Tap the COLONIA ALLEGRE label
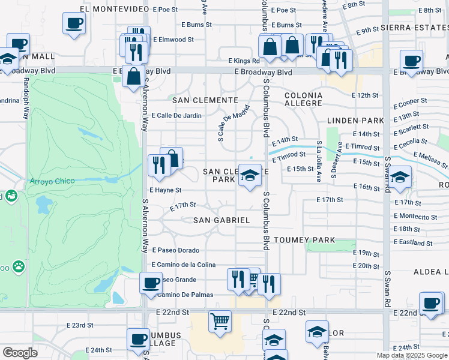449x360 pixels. tap(303, 99)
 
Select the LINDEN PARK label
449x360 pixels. tap(346, 121)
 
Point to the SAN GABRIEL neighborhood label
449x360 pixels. tap(221, 220)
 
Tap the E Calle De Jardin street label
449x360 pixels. tap(176, 115)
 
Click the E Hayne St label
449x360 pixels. tap(165, 190)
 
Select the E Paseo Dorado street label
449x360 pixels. tap(175, 250)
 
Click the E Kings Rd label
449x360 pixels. tap(244, 61)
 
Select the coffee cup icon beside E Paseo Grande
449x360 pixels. tap(151, 282)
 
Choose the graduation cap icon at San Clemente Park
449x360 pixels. tap(250, 175)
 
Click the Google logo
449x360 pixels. tap(20, 353)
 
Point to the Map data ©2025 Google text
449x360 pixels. tap(412, 355)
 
